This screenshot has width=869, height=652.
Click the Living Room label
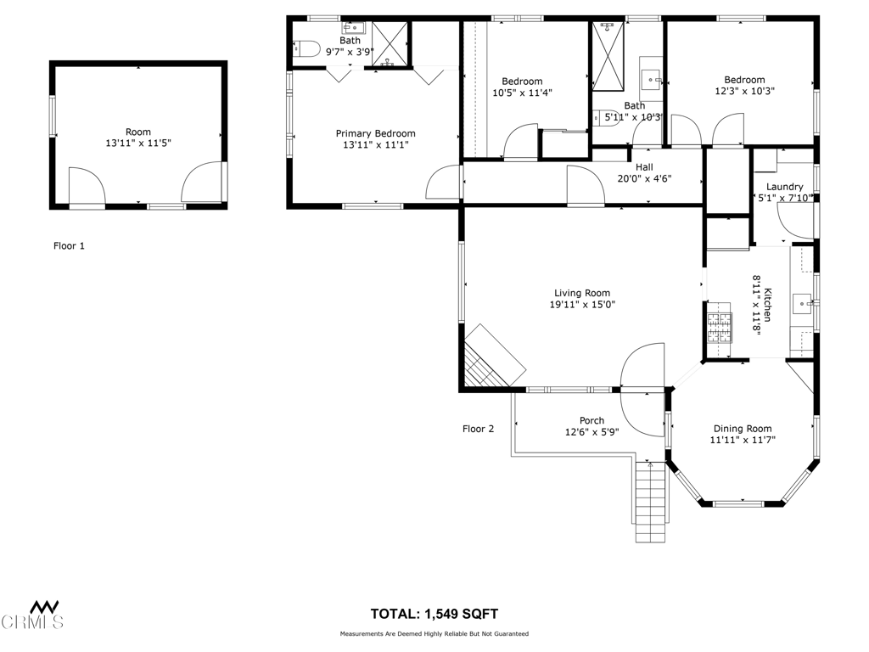pos(582,293)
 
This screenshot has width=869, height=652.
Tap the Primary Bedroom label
pos(375,133)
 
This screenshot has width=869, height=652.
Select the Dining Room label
pos(742,429)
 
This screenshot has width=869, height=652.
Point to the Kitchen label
pos(767,305)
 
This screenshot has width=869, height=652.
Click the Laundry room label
pos(784,187)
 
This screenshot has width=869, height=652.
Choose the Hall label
pos(644,167)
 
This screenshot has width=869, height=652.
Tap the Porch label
pos(591,420)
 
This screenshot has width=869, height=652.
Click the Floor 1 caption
pos(69,245)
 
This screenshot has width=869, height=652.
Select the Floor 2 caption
pos(478,429)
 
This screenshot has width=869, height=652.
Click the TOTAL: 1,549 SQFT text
pos(434,614)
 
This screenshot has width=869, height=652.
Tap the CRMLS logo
pos(32,615)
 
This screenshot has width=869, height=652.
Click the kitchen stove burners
pos(719,327)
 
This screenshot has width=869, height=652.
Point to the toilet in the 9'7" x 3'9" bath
pos(306,48)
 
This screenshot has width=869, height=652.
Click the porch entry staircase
pos(650,501)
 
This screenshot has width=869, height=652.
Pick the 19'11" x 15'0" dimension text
pos(582,305)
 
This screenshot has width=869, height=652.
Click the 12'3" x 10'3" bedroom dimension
pos(744,91)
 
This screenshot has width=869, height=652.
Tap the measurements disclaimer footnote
pos(434,633)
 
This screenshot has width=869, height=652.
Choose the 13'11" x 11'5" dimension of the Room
pos(138,143)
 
